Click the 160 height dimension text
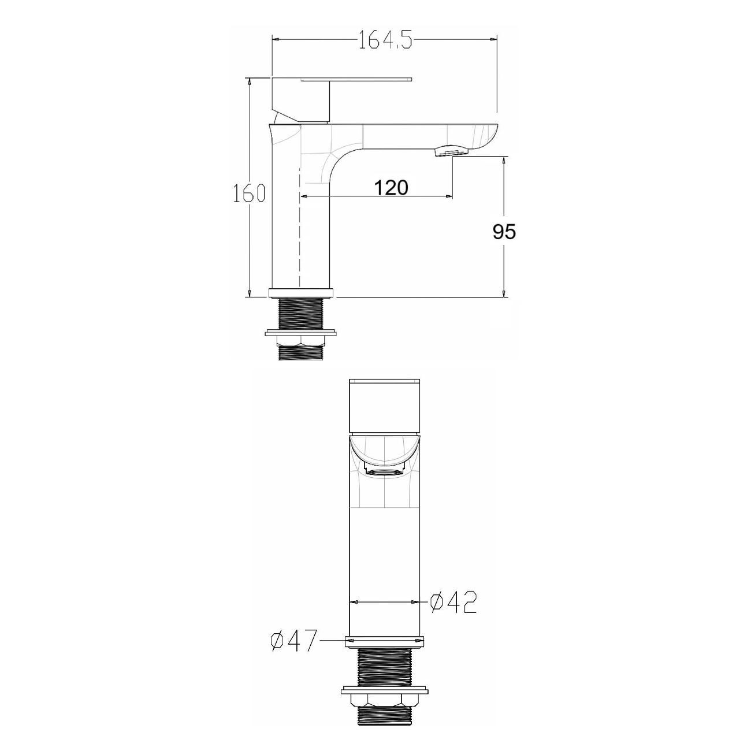coord(249,194)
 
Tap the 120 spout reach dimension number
coord(391,187)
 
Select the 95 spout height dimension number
coord(504,232)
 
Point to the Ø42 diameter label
coord(453,614)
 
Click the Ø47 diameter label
coord(292,640)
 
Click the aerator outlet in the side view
coord(450,152)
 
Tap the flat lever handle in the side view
coord(356,80)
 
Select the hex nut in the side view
coord(300,341)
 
